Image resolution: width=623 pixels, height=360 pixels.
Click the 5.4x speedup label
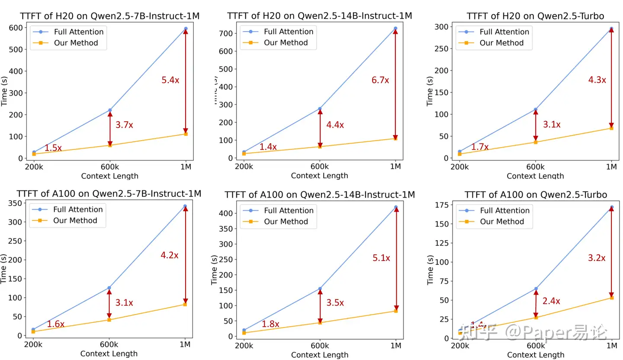pyautogui.click(x=170, y=80)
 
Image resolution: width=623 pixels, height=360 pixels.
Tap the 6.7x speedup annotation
pyautogui.click(x=380, y=80)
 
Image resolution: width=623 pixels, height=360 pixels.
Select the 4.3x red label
pyautogui.click(x=597, y=80)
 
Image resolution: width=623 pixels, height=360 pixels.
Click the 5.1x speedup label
pyautogui.click(x=381, y=258)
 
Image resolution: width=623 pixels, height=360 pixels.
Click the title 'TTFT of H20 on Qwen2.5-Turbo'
pyautogui.click(x=535, y=16)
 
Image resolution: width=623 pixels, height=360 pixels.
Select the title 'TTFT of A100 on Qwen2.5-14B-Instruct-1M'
pyautogui.click(x=319, y=195)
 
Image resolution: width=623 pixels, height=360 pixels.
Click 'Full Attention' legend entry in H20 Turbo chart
pyautogui.click(x=504, y=32)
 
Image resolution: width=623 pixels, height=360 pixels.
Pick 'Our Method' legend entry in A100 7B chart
pyautogui.click(x=75, y=220)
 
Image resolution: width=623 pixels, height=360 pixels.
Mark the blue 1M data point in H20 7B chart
pyautogui.click(x=186, y=29)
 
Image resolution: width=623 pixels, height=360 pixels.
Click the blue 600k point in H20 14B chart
pyautogui.click(x=320, y=109)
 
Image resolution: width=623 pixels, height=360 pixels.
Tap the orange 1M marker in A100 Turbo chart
pyautogui.click(x=612, y=298)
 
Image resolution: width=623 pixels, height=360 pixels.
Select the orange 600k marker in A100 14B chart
pyautogui.click(x=320, y=323)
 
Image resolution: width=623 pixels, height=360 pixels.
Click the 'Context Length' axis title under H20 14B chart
pyautogui.click(x=319, y=176)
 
